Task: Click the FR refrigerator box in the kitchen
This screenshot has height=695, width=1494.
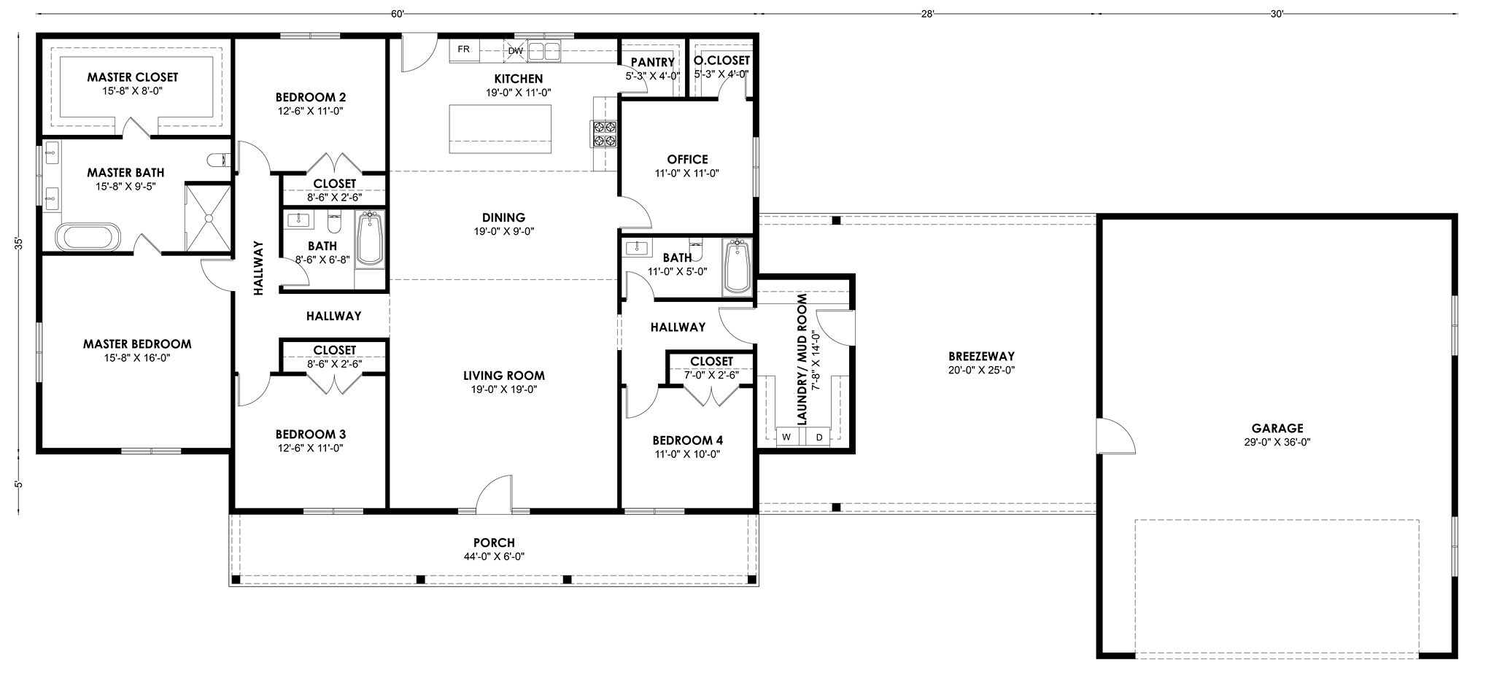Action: pos(464,50)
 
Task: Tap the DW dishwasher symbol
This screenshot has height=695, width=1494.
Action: pos(515,50)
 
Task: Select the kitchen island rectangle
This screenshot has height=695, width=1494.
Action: pos(500,129)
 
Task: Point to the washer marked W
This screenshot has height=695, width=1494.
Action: pos(788,436)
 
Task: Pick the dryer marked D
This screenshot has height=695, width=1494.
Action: pos(818,436)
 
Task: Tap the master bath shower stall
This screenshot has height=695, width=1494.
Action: pos(209,217)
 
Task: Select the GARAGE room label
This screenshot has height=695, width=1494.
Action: pos(1277,428)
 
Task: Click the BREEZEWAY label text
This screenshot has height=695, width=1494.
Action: pos(981,357)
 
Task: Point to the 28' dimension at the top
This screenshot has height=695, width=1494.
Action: pos(927,12)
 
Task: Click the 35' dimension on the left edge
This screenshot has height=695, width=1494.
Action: pos(20,244)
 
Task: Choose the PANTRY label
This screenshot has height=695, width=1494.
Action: pos(652,63)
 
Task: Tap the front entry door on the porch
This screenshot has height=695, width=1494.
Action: pos(494,492)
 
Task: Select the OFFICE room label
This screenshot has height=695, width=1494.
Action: pos(687,159)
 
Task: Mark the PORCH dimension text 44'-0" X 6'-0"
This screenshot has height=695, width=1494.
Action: pos(494,556)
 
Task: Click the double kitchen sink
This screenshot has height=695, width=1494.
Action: pos(544,50)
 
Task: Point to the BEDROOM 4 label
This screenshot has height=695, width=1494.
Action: pos(687,440)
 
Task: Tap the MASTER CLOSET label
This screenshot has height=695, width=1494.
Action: pos(133,77)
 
